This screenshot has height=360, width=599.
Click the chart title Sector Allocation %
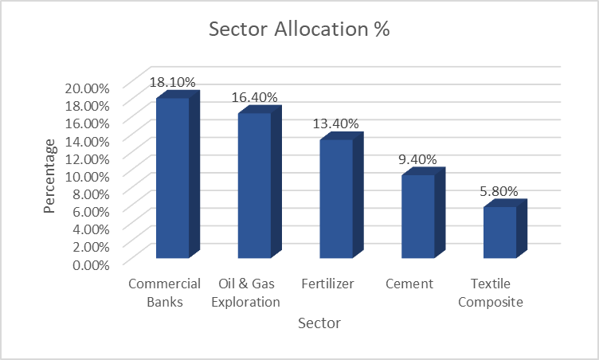[299, 29]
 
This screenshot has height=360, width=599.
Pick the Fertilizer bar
[336, 198]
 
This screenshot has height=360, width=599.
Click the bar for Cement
[418, 216]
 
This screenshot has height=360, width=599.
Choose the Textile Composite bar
[500, 232]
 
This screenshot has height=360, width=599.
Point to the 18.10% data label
[171, 82]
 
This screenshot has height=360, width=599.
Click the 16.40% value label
[254, 97]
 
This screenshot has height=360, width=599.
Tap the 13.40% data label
[335, 123]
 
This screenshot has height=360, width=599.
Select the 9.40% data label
[418, 159]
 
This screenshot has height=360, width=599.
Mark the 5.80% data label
[499, 191]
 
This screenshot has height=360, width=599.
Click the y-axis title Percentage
[49, 175]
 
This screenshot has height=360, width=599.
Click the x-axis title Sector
[319, 323]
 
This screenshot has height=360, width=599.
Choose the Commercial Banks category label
[155, 292]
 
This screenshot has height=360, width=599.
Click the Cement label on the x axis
[409, 284]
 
